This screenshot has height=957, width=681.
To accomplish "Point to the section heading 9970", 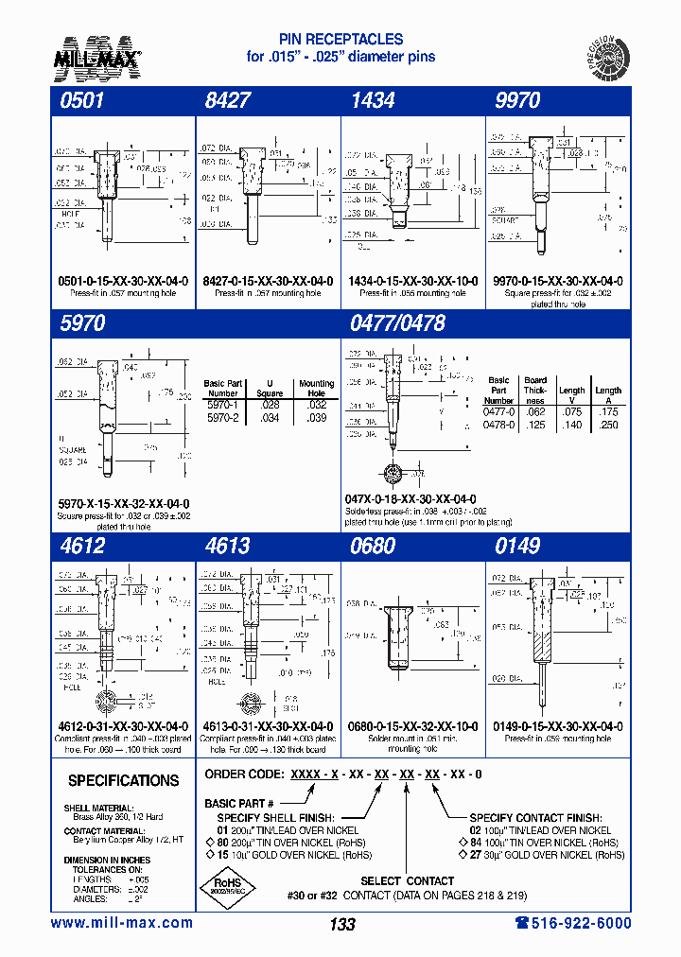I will pos(517,101).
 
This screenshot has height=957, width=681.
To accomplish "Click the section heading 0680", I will pos(372,546).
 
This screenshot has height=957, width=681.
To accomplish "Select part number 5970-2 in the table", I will pos(223,417).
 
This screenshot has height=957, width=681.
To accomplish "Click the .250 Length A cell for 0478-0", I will pos(608,426).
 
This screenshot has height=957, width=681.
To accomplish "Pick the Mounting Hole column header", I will pos(317,389).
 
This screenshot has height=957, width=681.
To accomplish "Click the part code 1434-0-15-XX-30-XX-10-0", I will pos(412,282).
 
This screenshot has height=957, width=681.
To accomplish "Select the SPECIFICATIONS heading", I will pos(123,781).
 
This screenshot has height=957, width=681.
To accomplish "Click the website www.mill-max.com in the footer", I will pos(121,923).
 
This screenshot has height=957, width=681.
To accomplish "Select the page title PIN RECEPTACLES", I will pos(340,40).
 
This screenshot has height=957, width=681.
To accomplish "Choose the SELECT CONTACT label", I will pos(407,880).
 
